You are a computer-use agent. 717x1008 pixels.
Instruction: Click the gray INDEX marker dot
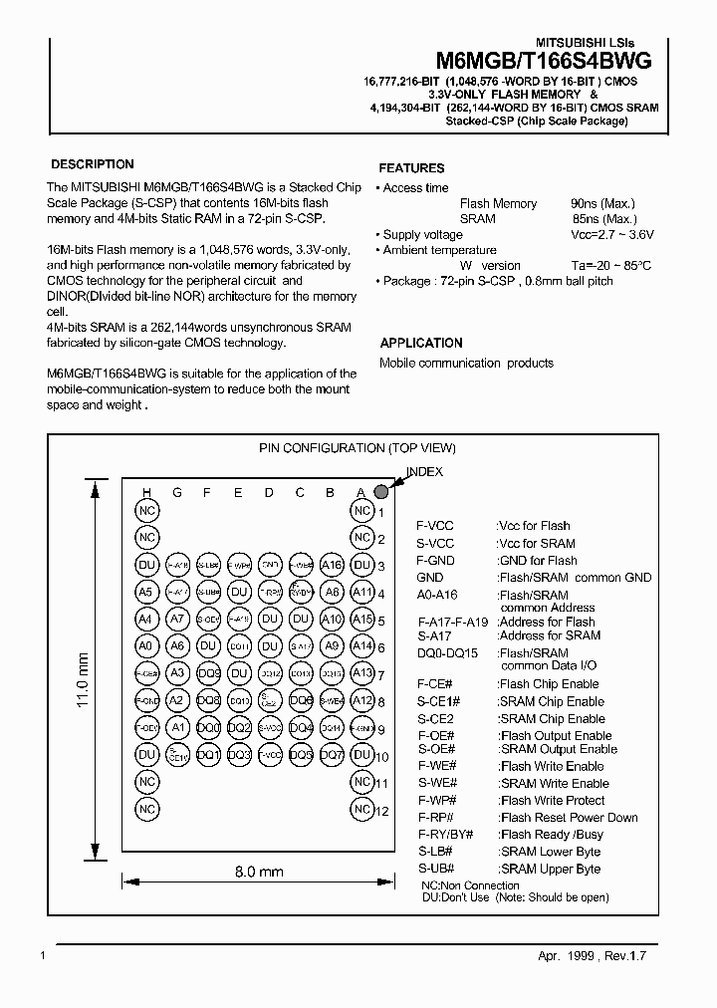tap(380, 491)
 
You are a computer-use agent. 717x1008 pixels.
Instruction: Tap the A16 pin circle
tap(332, 565)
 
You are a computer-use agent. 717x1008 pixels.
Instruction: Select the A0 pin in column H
tap(147, 646)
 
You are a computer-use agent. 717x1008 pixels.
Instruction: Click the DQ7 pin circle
tap(332, 755)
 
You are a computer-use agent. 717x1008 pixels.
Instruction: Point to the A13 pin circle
tap(362, 673)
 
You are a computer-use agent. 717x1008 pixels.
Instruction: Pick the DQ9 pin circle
tap(208, 673)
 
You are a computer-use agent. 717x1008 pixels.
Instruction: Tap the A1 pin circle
tap(177, 728)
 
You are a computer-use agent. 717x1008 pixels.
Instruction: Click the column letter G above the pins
tap(177, 492)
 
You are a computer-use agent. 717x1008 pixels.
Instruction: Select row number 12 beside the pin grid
tap(380, 810)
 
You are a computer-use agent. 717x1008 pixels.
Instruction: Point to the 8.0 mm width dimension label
tap(259, 872)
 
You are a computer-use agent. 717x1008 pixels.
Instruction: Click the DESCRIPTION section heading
tap(92, 164)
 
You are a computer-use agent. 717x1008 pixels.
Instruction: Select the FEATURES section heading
tap(411, 168)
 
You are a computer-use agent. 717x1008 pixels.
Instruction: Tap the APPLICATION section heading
tap(421, 343)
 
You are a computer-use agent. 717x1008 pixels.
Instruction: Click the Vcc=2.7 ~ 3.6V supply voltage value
tap(612, 235)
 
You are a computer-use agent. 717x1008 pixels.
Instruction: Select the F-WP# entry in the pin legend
tap(436, 800)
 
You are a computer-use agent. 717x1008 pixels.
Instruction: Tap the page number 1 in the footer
tap(42, 955)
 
